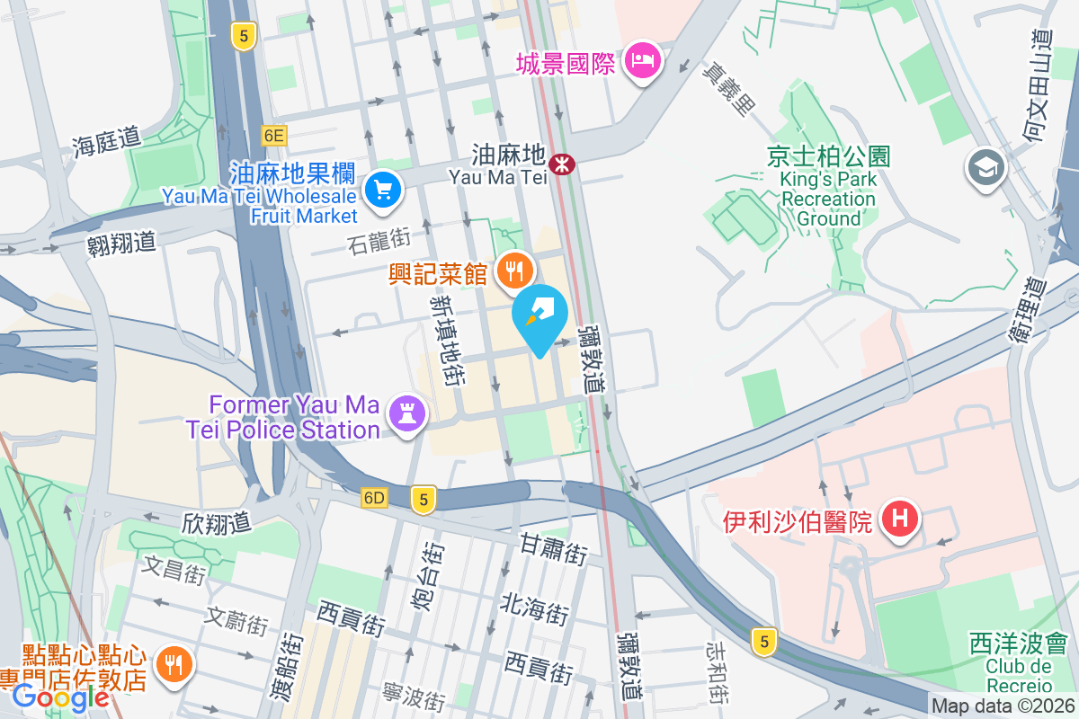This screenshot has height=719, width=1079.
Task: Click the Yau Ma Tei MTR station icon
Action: (563, 164)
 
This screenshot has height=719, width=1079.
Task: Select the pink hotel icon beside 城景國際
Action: (644, 61)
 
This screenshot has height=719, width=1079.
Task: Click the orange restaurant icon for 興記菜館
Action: (515, 269)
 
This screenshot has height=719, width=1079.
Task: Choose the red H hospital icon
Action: (899, 519)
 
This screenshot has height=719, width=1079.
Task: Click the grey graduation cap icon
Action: (986, 167)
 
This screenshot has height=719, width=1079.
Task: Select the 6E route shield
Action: (274, 136)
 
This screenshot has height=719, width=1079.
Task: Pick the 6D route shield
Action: (374, 498)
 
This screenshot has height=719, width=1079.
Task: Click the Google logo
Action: (61, 697)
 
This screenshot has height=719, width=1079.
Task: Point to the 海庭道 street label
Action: (108, 138)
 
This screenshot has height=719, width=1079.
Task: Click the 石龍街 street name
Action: (379, 239)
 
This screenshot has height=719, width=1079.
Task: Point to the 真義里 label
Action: (727, 84)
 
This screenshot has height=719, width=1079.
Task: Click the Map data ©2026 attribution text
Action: (1003, 706)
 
